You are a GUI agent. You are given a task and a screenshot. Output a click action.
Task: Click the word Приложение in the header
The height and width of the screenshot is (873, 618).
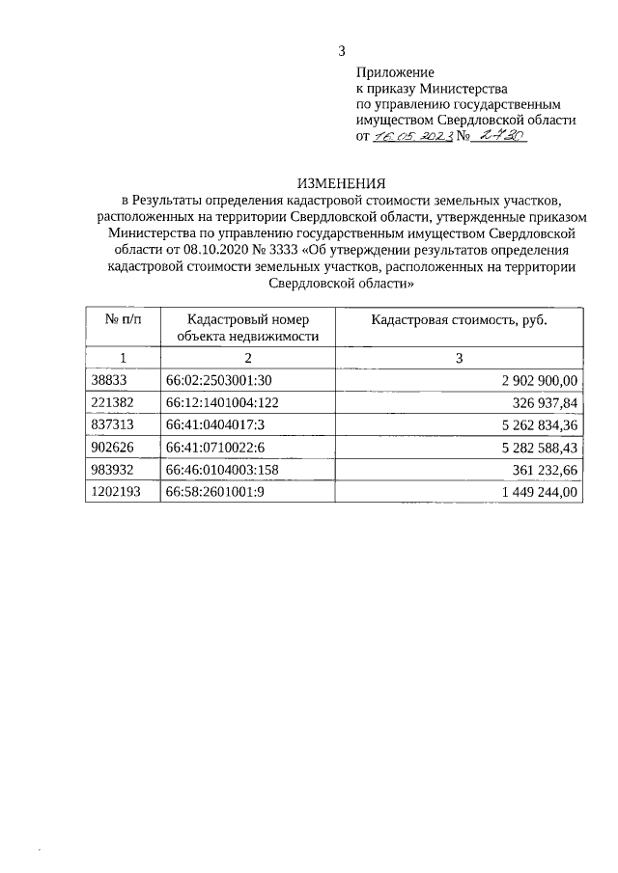point(395,71)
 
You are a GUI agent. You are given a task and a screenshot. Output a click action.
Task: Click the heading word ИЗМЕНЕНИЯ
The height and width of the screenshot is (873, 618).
point(342,182)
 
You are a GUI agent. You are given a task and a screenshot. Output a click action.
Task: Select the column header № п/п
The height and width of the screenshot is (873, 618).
point(115,319)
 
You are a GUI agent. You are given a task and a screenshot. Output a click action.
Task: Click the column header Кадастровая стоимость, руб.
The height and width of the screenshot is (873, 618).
point(460,319)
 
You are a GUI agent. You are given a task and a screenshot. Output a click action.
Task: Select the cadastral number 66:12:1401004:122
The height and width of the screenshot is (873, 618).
point(222,402)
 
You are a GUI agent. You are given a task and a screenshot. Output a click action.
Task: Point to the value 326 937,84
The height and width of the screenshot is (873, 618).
point(545,402)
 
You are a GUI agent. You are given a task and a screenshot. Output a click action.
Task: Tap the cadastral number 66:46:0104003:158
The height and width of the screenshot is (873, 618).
point(222,470)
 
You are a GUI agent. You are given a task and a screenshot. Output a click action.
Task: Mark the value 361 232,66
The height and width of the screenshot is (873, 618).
point(545,470)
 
